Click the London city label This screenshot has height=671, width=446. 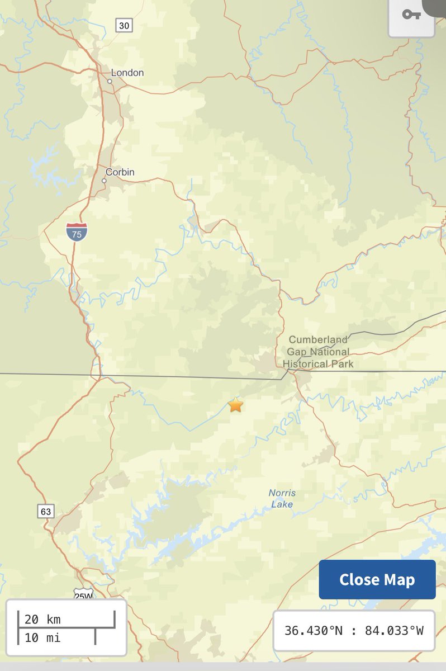(x=127, y=73)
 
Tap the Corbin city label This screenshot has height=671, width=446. (x=120, y=172)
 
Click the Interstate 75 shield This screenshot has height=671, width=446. (x=77, y=232)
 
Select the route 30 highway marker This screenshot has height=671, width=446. (x=124, y=25)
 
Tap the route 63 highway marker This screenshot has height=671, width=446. (x=46, y=511)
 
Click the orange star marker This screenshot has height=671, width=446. (x=236, y=405)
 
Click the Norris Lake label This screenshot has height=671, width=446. (x=282, y=499)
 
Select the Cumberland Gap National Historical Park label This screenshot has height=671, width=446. (x=318, y=352)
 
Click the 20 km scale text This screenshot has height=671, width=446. (x=42, y=619)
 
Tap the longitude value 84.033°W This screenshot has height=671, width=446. (x=394, y=631)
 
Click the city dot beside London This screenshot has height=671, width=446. (x=110, y=82)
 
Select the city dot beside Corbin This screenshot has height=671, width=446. (x=104, y=181)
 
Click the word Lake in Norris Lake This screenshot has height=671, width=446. (x=282, y=504)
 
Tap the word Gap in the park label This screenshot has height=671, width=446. (x=296, y=352)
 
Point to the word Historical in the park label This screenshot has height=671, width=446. (x=306, y=364)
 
